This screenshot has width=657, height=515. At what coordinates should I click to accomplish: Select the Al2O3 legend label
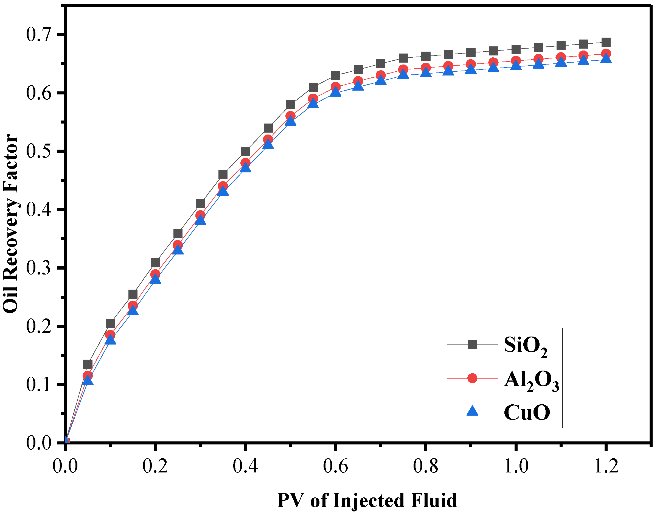532,380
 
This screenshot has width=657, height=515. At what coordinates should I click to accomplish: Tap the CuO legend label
527,413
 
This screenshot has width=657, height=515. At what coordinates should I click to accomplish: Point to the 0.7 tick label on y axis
39,34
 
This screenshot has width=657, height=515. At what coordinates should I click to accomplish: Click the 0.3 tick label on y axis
39,268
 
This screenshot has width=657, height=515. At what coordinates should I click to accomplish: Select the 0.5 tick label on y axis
39,151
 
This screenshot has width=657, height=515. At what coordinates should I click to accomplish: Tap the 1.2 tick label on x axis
606,466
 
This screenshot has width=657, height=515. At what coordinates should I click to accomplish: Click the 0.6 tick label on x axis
335,466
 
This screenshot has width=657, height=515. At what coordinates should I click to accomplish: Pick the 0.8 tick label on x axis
426,466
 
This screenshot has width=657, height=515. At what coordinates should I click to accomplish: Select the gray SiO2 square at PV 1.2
606,42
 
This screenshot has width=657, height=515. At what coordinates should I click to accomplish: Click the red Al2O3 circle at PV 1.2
606,54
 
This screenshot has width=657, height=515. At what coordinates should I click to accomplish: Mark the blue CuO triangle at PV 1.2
606,58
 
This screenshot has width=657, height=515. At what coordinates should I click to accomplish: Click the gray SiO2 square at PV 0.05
88,364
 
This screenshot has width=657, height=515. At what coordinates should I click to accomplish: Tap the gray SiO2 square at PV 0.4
245,151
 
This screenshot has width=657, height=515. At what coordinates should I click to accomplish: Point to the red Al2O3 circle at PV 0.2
155,274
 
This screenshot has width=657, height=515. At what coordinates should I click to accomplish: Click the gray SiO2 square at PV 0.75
403,58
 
